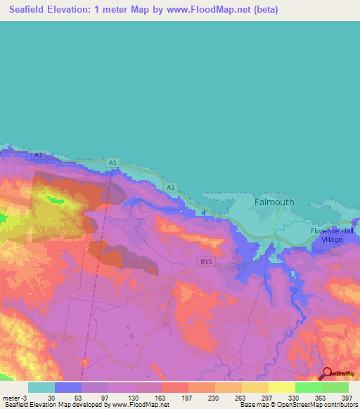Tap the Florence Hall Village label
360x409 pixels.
point(335,235)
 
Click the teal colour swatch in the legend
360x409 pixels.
point(41,387)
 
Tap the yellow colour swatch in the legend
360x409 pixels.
point(281,387)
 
